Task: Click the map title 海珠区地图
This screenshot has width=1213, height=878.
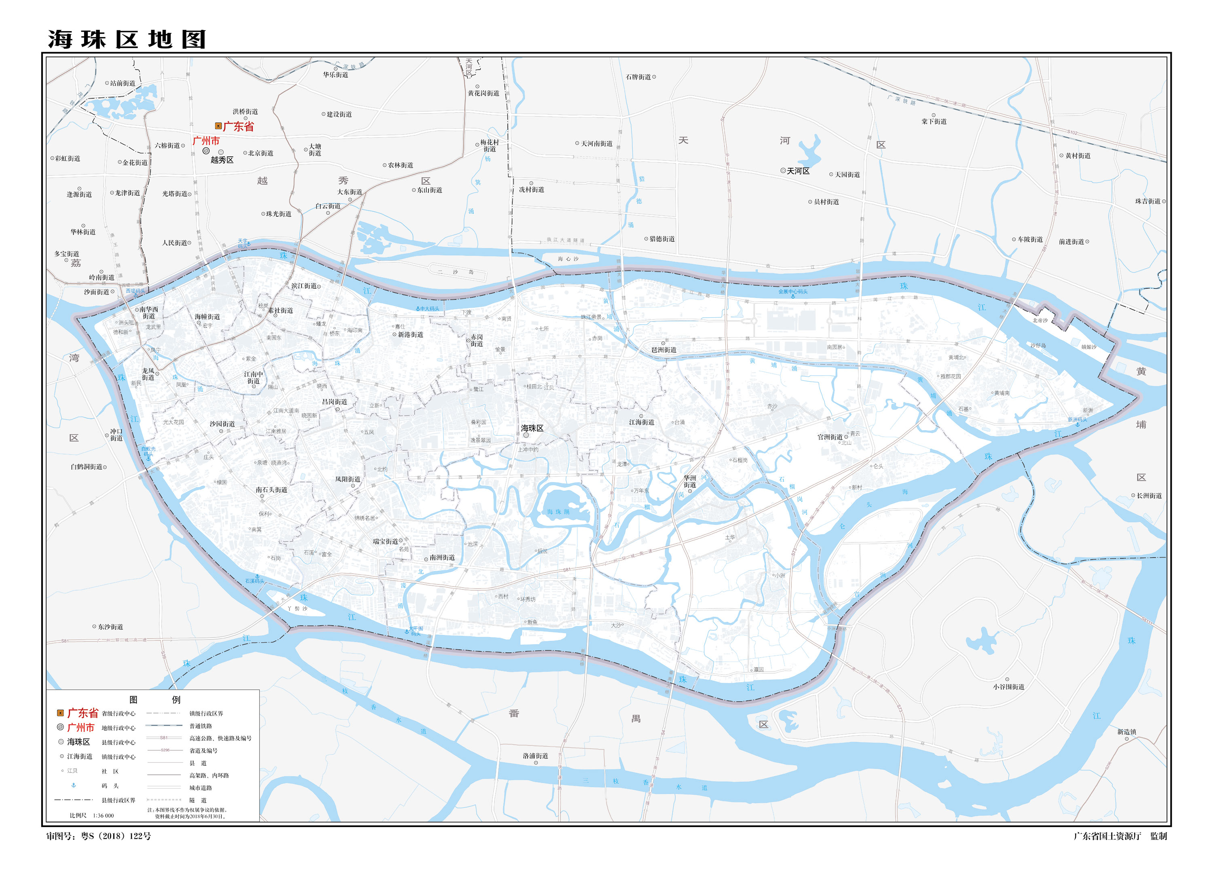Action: pyautogui.click(x=127, y=40)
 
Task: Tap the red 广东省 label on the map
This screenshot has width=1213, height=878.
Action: pyautogui.click(x=238, y=127)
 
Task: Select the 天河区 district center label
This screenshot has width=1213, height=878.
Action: pyautogui.click(x=798, y=171)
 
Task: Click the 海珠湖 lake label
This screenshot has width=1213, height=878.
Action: pyautogui.click(x=558, y=512)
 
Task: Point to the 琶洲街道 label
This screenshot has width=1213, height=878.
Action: pyautogui.click(x=664, y=350)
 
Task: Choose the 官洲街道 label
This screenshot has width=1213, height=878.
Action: pyautogui.click(x=830, y=437)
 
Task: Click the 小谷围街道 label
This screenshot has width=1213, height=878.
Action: pyautogui.click(x=1009, y=686)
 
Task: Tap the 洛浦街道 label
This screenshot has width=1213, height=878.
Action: pyautogui.click(x=535, y=756)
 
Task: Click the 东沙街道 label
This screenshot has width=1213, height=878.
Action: pyautogui.click(x=110, y=627)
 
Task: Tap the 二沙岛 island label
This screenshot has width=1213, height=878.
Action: pyautogui.click(x=456, y=272)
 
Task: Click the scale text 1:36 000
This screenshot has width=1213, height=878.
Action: pyautogui.click(x=103, y=815)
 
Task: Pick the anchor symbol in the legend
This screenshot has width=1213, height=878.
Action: pyautogui.click(x=74, y=785)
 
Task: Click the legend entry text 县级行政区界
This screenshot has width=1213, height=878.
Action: pyautogui.click(x=118, y=800)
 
